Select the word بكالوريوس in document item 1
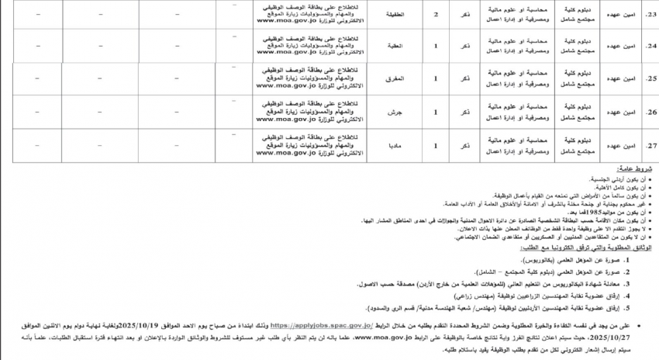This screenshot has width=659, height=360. click(x=550, y=255)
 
